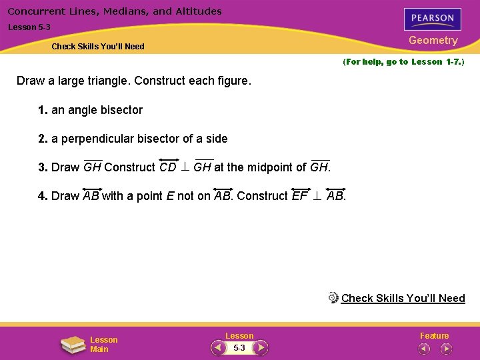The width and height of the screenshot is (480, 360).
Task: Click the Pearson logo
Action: pos(433,18)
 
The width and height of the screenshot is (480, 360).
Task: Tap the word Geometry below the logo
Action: pos(433,41)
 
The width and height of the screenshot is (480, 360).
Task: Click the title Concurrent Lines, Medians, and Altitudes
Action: pos(115,11)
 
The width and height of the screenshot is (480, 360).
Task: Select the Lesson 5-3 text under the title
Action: pos(29,27)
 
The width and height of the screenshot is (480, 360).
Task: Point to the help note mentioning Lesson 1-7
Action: pos(403,62)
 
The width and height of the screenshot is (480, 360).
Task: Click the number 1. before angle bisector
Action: pos(43,110)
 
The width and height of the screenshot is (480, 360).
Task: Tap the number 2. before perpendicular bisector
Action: pos(43,139)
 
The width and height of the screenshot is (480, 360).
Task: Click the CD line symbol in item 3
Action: pos(168,167)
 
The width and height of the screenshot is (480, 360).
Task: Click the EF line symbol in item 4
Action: pos(300,195)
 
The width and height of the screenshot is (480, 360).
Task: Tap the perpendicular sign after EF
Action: pos(317,196)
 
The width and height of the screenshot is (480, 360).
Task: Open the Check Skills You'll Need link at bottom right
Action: pos(403,298)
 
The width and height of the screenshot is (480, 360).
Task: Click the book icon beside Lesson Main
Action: pos(73,344)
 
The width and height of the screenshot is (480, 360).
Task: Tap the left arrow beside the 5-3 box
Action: pos(218,348)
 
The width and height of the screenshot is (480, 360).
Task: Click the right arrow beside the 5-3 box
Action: pos(261,348)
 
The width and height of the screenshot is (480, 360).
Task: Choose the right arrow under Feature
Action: pos(445,348)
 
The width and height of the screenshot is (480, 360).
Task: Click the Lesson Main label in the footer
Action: pos(103,344)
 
